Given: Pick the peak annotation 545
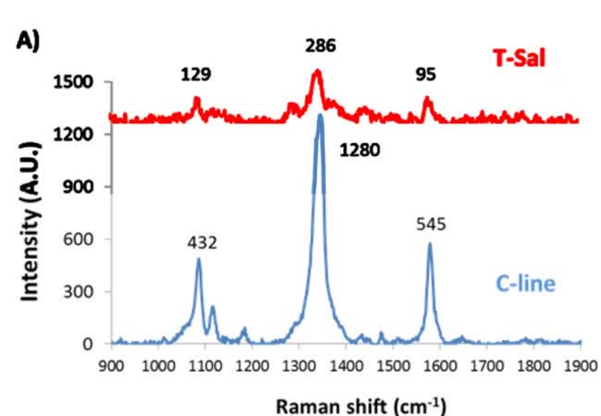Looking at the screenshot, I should [430, 224].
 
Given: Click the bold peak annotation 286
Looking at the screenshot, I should [320, 44].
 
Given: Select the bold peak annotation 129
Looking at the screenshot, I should [196, 75].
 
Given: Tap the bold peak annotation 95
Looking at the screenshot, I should [425, 75].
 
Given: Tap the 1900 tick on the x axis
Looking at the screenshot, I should [581, 364].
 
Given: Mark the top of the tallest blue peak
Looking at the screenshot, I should [320, 115].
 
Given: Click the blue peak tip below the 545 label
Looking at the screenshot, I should [430, 244].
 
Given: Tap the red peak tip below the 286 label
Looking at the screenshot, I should [316, 70].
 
